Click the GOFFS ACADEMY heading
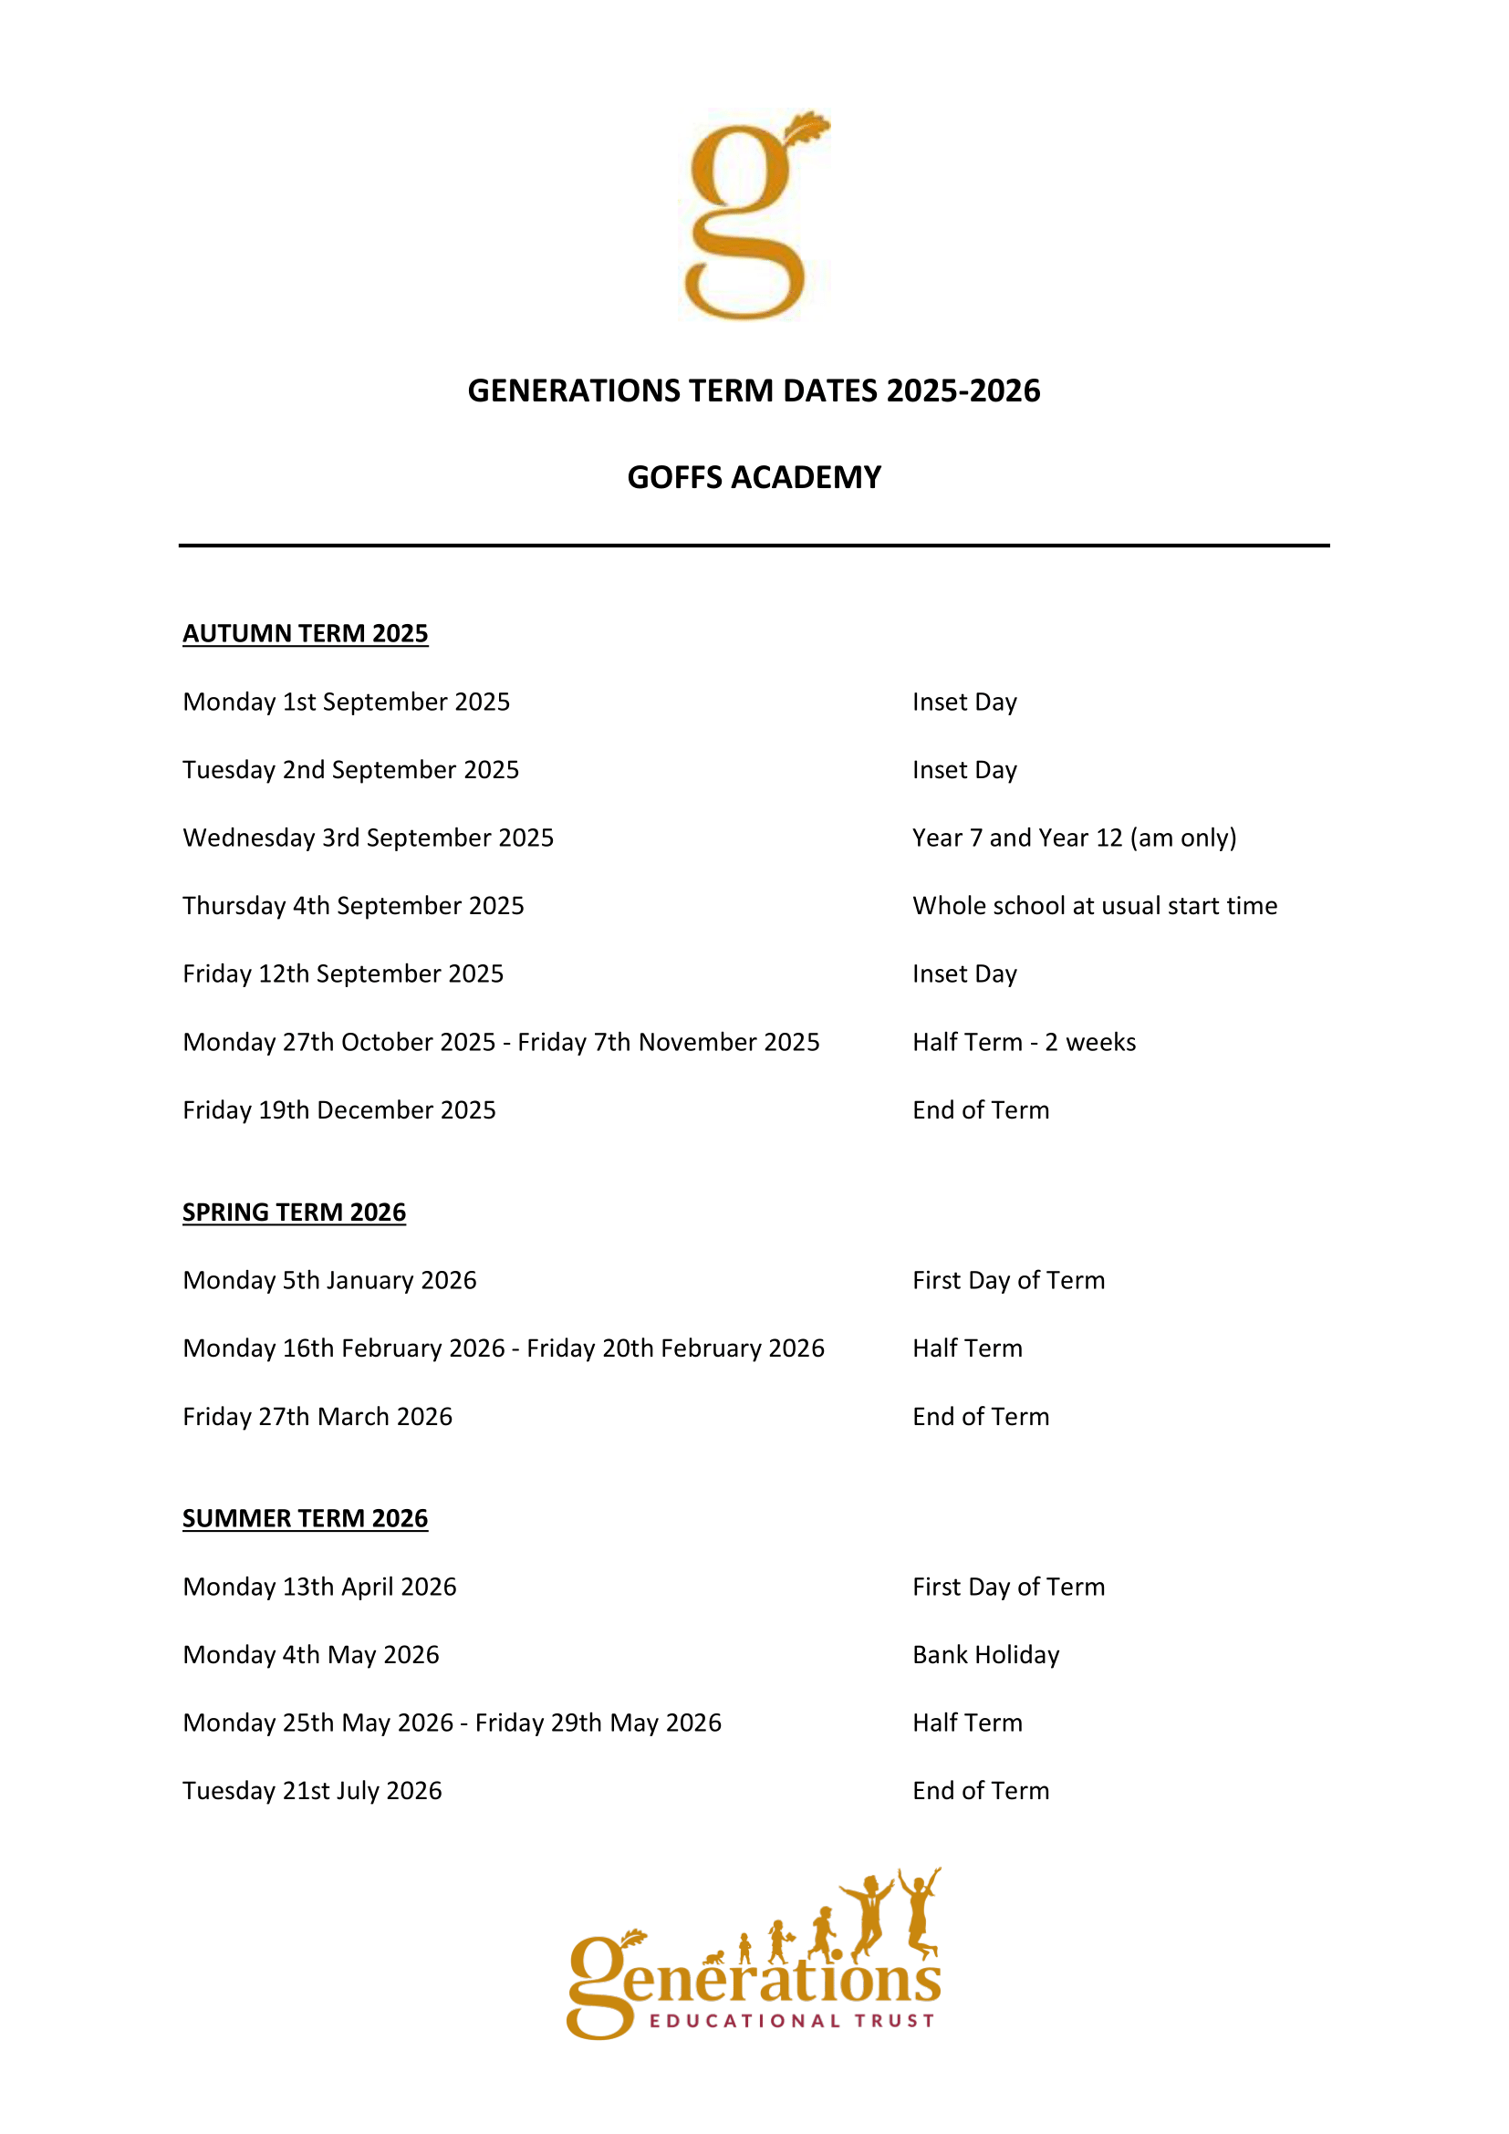(x=754, y=477)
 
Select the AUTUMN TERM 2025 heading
(x=305, y=633)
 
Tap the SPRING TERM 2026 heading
(x=294, y=1212)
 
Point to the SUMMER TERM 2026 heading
(x=305, y=1518)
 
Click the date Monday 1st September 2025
(x=346, y=702)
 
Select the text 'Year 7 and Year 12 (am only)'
(x=1074, y=838)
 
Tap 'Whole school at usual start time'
(x=1095, y=905)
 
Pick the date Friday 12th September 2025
(x=343, y=973)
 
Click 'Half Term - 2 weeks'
(x=1024, y=1042)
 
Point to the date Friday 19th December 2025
(x=339, y=1109)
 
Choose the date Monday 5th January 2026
(x=329, y=1280)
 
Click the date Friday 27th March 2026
(x=317, y=1417)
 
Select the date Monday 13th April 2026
(x=319, y=1587)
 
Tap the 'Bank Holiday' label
(x=986, y=1654)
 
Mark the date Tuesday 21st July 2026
(x=312, y=1790)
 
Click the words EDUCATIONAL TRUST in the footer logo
(x=792, y=2021)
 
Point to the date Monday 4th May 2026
(x=310, y=1654)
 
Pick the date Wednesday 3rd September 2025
(x=368, y=838)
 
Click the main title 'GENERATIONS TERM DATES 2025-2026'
(x=754, y=390)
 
